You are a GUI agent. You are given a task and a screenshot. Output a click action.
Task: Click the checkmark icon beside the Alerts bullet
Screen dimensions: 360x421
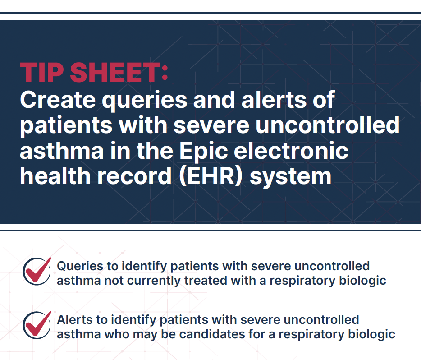pos(37,324)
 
